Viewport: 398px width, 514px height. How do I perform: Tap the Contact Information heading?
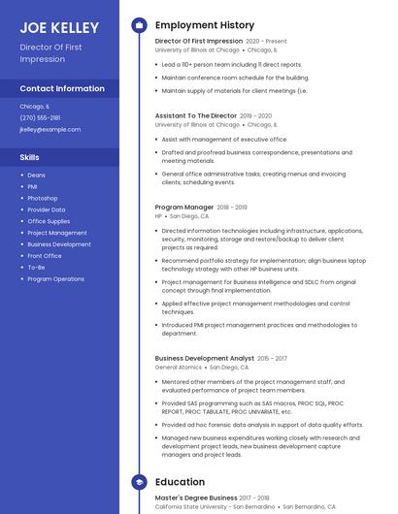coord(62,88)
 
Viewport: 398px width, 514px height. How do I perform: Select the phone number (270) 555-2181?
coord(40,117)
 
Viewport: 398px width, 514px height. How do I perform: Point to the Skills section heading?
coord(30,156)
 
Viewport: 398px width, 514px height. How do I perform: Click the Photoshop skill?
coord(43,198)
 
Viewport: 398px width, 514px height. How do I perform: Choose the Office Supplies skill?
coord(49,221)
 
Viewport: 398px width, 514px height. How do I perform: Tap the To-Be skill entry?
coord(36,267)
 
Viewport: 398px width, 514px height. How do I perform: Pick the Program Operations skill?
coord(55,278)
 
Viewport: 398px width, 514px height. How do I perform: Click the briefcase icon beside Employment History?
coord(139,25)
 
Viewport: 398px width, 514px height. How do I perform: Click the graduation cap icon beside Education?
coord(139,482)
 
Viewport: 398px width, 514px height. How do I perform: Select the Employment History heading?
coord(205,25)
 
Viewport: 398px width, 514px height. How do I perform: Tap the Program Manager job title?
coord(184,207)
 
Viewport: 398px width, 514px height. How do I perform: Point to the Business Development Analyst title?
coord(204,359)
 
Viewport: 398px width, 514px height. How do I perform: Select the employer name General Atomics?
coord(179,368)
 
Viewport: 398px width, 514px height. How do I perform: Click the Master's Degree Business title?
coord(195,498)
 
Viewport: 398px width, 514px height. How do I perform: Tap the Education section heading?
coord(180,482)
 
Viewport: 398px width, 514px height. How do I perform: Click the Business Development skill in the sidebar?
coord(59,244)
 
